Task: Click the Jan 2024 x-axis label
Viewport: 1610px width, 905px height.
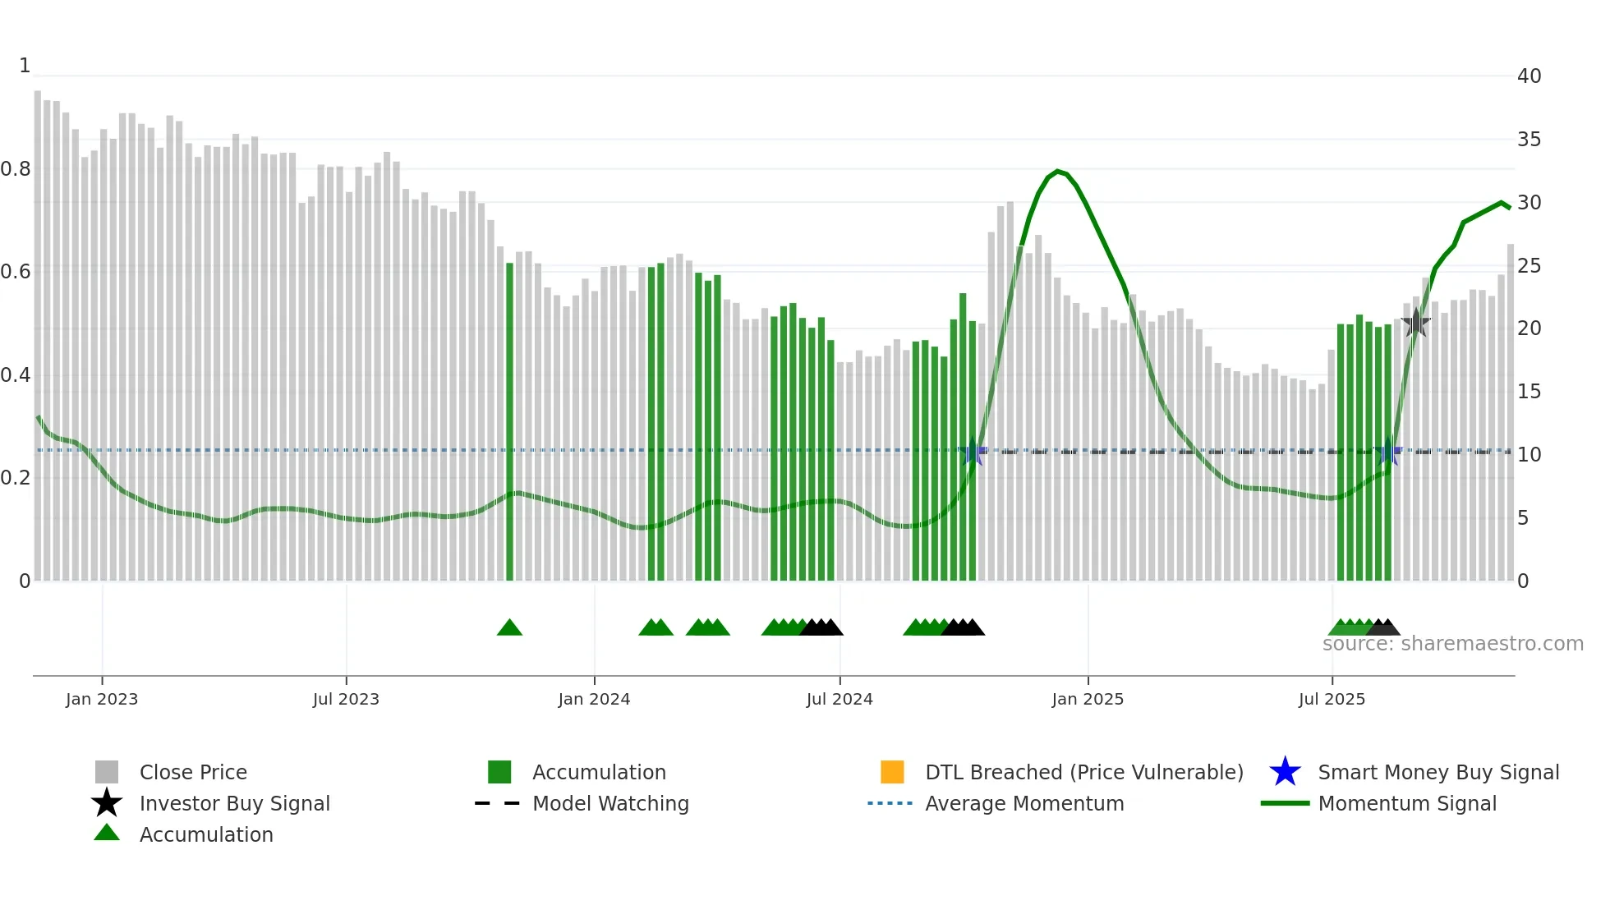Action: pyautogui.click(x=594, y=699)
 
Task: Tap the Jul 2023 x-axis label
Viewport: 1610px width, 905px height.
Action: pyautogui.click(x=346, y=699)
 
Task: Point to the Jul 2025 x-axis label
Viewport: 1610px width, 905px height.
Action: pyautogui.click(x=1332, y=699)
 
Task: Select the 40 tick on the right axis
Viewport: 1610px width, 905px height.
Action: pyautogui.click(x=1529, y=76)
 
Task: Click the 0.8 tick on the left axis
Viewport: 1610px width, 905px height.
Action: pyautogui.click(x=16, y=169)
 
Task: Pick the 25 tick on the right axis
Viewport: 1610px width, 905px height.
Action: pyautogui.click(x=1529, y=265)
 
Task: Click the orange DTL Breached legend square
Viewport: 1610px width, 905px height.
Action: pyautogui.click(x=892, y=772)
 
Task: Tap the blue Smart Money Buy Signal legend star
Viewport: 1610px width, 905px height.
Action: pyautogui.click(x=1285, y=772)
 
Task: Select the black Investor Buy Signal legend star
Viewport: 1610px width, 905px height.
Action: pyautogui.click(x=107, y=803)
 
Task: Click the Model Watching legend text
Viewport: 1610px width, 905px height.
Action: pyautogui.click(x=610, y=803)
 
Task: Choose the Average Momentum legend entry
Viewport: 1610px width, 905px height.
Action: pyautogui.click(x=1023, y=803)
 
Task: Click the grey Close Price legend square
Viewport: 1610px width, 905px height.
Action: pyautogui.click(x=107, y=772)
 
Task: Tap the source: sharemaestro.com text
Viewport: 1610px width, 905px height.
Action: pyautogui.click(x=1452, y=644)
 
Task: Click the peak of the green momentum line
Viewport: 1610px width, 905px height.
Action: pyautogui.click(x=1058, y=172)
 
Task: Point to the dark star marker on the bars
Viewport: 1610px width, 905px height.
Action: pyautogui.click(x=1415, y=323)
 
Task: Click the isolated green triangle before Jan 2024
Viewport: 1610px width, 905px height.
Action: pyautogui.click(x=509, y=628)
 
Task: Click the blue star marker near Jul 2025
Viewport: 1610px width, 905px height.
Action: pyautogui.click(x=1388, y=452)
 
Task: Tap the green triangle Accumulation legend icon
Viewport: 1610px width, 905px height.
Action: pyautogui.click(x=107, y=834)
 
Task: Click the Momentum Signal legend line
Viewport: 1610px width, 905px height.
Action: pyautogui.click(x=1285, y=803)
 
